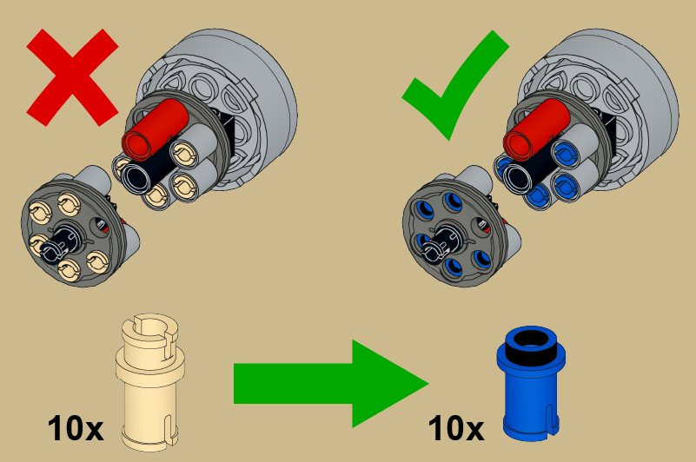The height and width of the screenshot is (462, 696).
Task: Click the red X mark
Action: [x=72, y=77]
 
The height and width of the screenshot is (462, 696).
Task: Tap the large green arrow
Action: [x=331, y=384]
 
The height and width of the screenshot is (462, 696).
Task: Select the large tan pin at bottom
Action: [x=150, y=383]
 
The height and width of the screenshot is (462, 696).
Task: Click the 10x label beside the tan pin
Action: [x=76, y=428]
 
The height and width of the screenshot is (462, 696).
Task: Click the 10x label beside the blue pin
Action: [x=456, y=428]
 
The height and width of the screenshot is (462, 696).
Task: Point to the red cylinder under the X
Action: [x=156, y=129]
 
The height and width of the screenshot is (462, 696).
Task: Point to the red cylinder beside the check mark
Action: [x=536, y=129]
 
